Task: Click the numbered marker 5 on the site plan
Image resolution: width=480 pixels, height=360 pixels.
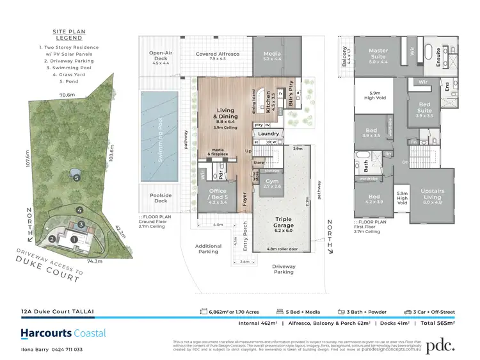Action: [76, 178]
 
